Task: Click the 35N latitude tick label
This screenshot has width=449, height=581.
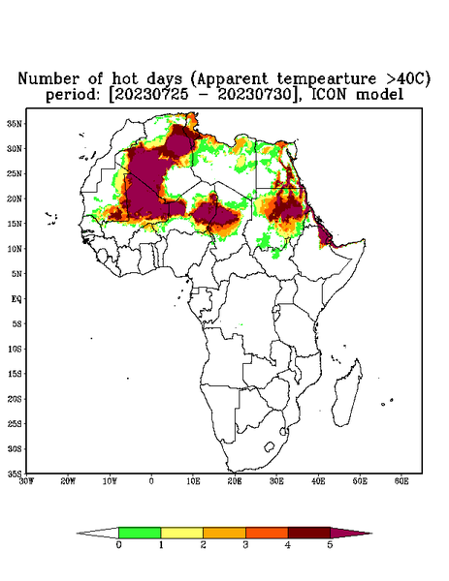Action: [x=15, y=123]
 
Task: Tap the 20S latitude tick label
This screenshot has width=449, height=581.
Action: [x=15, y=399]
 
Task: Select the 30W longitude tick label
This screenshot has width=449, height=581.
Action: [x=26, y=481]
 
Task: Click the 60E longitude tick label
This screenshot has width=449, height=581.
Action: [x=401, y=481]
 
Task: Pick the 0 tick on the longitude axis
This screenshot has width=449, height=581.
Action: [x=151, y=481]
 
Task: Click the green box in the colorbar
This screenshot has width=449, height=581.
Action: [x=140, y=533]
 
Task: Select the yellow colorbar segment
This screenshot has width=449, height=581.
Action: [x=181, y=533]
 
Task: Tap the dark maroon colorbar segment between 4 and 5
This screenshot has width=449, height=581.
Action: [x=309, y=533]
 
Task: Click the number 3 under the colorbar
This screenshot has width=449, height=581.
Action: [x=245, y=545]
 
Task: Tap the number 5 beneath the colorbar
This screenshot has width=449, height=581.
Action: [x=330, y=545]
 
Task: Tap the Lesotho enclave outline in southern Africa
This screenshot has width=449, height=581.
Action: [x=269, y=446]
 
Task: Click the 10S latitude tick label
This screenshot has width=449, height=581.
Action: [x=15, y=349]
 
